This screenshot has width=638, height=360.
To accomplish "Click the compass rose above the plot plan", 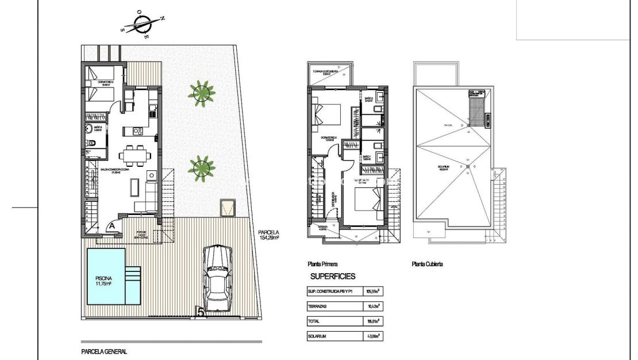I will click(142, 25).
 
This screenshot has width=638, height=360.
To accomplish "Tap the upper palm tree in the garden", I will click(202, 93).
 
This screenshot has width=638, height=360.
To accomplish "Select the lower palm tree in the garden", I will click(202, 167).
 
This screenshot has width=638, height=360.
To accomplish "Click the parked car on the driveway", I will click(218, 279).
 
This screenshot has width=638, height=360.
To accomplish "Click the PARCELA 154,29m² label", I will click(268, 235).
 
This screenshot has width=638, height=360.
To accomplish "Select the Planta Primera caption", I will click(322, 265).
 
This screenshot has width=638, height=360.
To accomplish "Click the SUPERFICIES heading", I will click(333, 277).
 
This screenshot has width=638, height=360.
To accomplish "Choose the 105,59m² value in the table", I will click(374, 292).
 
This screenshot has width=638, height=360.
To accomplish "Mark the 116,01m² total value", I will click(374, 321).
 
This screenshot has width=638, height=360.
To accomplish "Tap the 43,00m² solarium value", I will click(374, 336).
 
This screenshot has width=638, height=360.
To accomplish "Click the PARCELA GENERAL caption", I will click(103, 351).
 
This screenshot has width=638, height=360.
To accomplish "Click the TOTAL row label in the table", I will click(315, 321).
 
